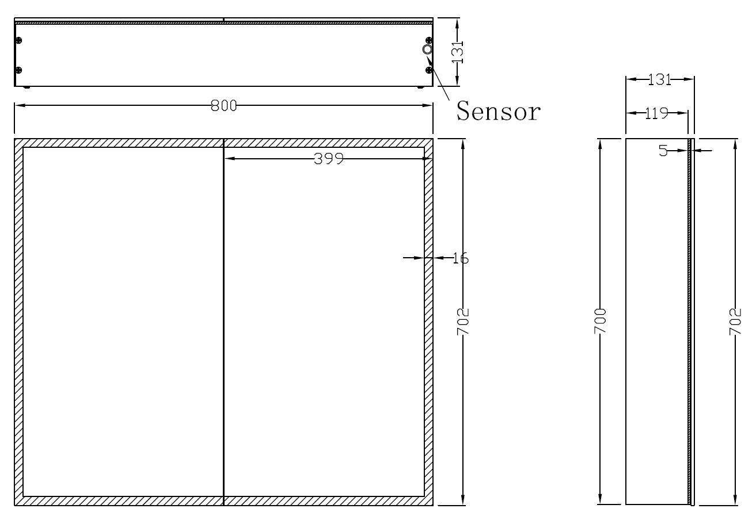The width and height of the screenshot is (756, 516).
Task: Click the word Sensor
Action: click(499, 111)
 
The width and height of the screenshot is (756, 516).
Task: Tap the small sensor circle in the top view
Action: click(427, 49)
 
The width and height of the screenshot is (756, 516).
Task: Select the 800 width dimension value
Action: click(223, 106)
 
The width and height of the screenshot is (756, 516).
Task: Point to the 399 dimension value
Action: click(328, 159)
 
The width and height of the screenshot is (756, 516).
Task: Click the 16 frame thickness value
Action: click(460, 258)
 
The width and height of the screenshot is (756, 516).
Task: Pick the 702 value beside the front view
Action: click(464, 322)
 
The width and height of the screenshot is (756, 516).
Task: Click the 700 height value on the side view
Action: click(601, 322)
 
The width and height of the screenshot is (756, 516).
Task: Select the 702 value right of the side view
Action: click(735, 322)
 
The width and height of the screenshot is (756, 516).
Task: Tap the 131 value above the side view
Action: click(660, 80)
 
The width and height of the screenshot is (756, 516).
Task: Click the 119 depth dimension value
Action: click(656, 113)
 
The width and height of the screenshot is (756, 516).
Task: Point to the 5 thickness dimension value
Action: click(663, 151)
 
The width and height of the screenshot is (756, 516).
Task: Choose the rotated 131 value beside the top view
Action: click(458, 52)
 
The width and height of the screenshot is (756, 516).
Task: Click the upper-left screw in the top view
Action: click(19, 40)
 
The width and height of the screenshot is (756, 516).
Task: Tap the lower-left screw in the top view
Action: click(19, 70)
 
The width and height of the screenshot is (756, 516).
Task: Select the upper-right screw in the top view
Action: click(428, 40)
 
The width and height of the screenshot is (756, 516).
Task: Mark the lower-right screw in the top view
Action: click(428, 70)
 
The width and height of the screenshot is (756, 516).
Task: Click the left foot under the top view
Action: click(26, 87)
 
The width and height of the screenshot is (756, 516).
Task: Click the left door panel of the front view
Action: click(123, 322)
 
